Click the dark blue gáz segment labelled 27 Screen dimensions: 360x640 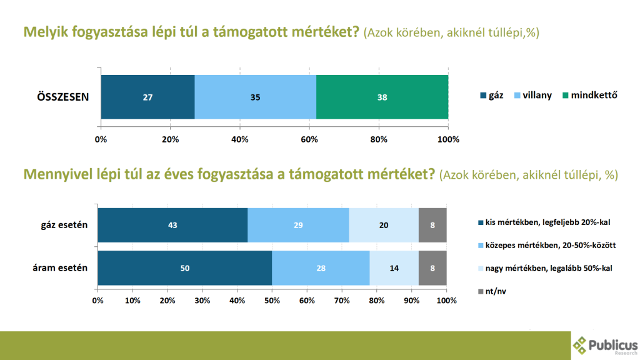[147, 97]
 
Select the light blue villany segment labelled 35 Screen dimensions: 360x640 [255, 97]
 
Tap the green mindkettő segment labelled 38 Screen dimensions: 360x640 [382, 97]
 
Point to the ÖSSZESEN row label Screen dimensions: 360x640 [62, 97]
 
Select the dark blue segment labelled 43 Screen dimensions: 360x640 [172, 225]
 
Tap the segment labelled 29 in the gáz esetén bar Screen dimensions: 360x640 [298, 225]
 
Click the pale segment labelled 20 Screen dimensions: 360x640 [384, 225]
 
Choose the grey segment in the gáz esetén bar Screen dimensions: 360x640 [432, 225]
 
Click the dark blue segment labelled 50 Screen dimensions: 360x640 [185, 268]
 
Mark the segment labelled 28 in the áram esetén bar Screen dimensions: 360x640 [321, 268]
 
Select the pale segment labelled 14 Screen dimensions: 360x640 [394, 268]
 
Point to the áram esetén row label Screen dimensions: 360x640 [60, 268]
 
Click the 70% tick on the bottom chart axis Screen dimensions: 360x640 [342, 301]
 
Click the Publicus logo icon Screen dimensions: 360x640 [581, 344]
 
